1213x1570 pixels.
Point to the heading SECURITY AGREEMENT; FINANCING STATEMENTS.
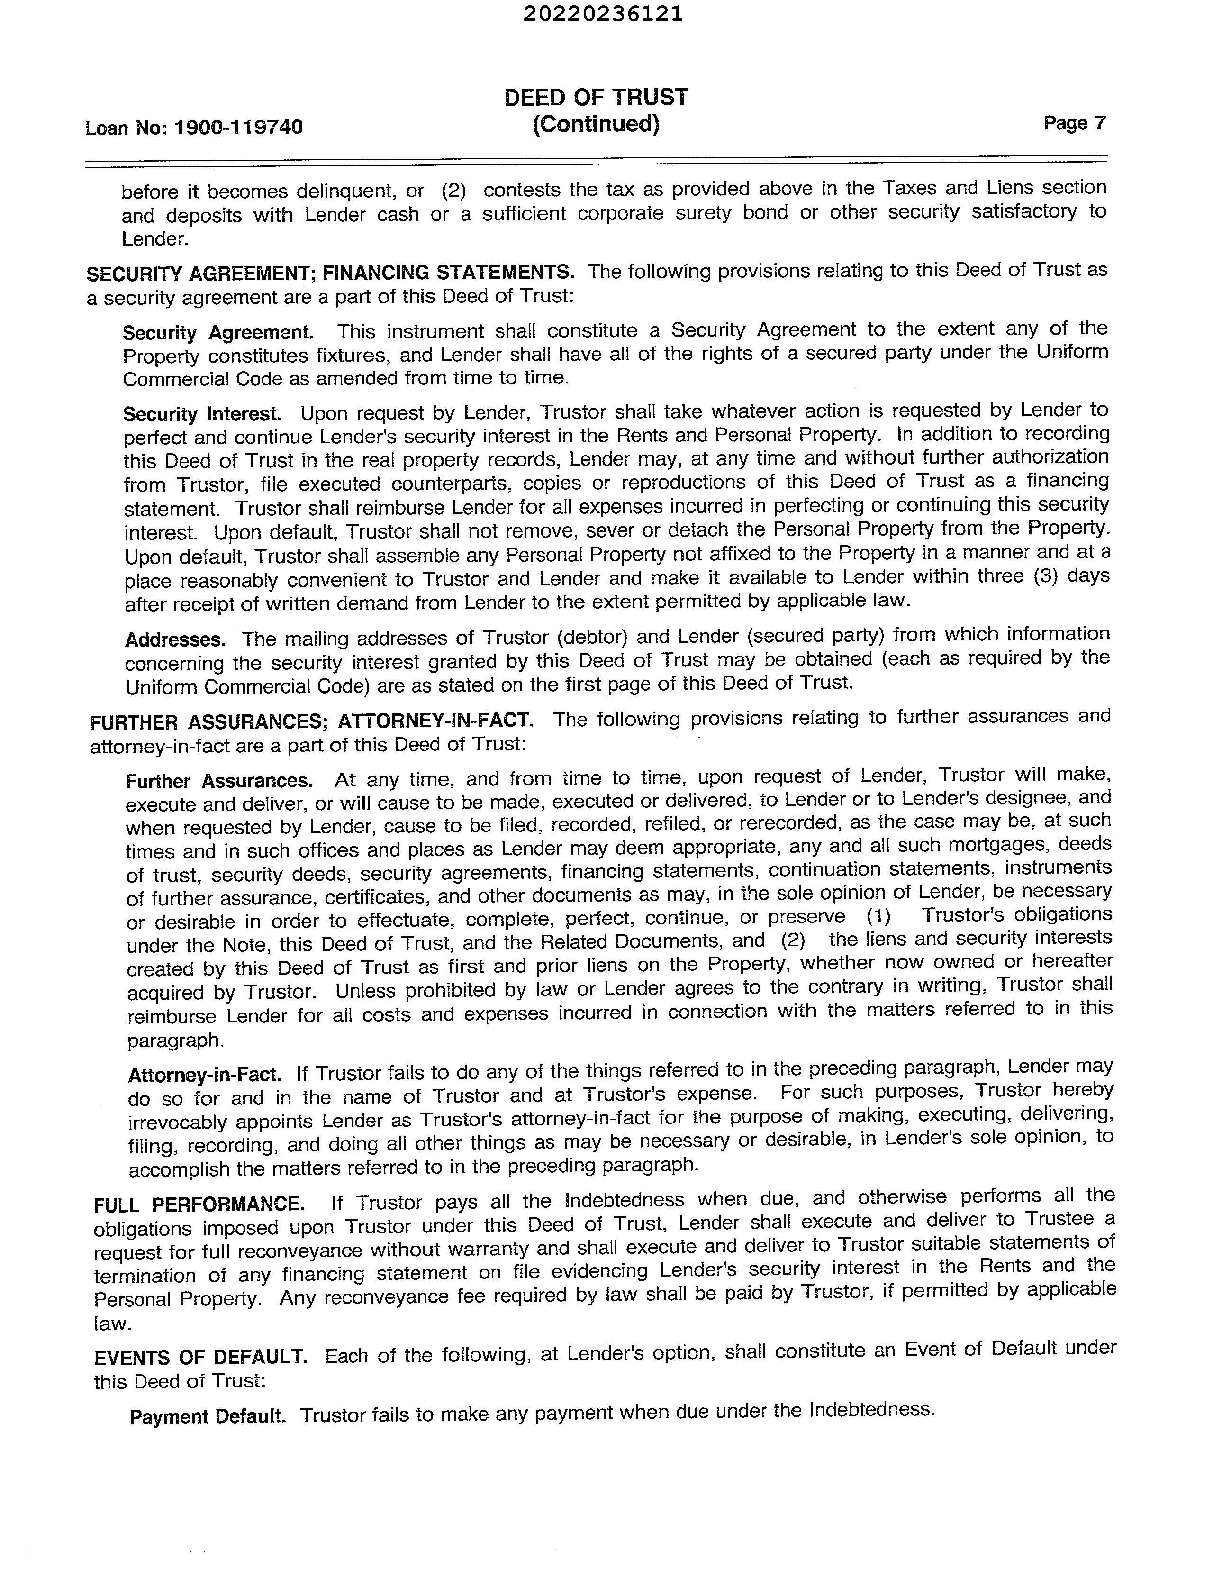(x=330, y=273)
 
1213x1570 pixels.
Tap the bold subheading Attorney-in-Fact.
(x=205, y=1074)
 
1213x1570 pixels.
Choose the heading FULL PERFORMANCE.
(x=199, y=1204)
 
